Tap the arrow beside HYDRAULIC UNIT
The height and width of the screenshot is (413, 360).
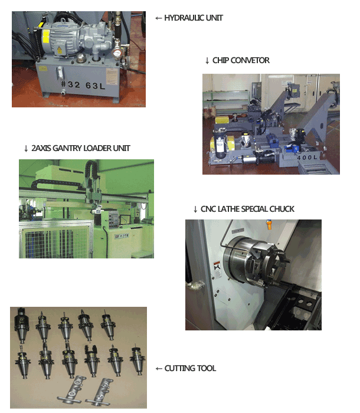[x=158, y=18]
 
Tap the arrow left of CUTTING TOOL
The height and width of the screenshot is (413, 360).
[x=159, y=368]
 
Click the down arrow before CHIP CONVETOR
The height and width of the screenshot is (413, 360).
[x=207, y=61]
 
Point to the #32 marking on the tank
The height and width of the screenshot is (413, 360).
[x=70, y=84]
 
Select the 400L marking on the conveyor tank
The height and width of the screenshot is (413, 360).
[x=307, y=158]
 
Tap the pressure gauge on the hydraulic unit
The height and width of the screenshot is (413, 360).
[x=116, y=53]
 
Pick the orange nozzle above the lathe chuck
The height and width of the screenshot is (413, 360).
[x=269, y=224]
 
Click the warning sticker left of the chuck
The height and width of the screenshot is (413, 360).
[x=217, y=269]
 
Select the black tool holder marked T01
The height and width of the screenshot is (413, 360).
[x=21, y=324]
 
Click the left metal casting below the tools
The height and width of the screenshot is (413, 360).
[x=71, y=391]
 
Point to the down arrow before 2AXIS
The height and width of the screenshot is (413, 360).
[x=26, y=149]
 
